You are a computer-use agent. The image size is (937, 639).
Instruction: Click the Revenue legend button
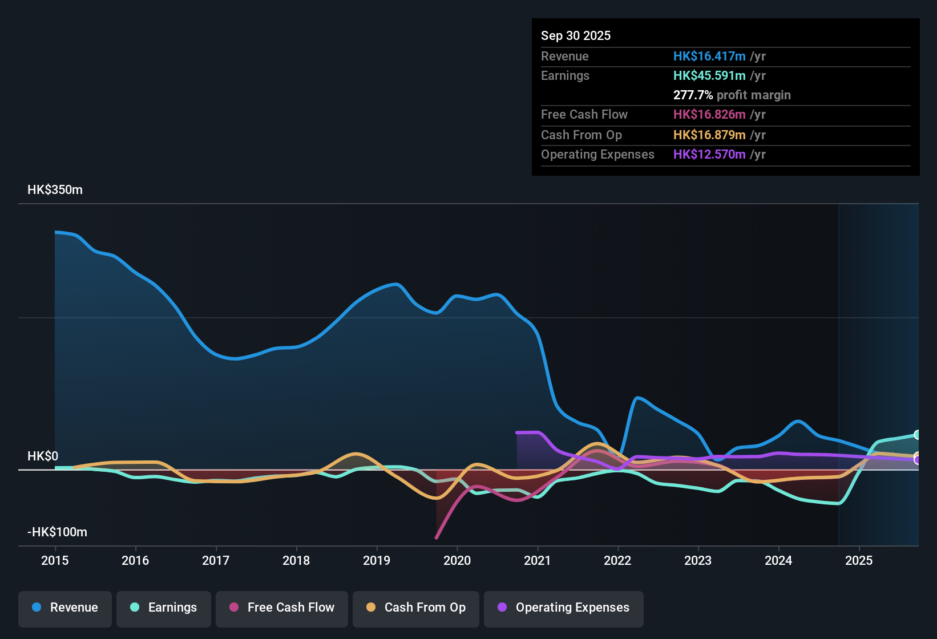[65, 608]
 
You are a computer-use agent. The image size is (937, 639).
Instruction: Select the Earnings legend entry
[164, 608]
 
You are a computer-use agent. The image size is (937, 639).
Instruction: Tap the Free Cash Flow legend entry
[282, 608]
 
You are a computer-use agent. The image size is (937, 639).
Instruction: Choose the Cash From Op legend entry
[416, 608]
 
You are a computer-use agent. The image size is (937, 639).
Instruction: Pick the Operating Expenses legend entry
[564, 608]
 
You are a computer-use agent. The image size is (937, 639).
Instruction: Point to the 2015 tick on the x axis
[55, 560]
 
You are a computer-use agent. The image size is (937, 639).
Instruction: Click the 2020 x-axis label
[457, 560]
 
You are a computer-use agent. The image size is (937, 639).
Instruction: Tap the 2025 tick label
[859, 560]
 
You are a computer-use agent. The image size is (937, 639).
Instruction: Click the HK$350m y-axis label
[55, 190]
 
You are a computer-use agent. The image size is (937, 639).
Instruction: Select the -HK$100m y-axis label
[57, 532]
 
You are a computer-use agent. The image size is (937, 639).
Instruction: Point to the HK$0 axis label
[43, 456]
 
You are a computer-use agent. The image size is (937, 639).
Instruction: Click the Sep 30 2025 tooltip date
[576, 35]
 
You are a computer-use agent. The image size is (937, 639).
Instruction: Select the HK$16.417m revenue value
[709, 56]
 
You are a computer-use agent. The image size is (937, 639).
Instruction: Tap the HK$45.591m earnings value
[709, 75]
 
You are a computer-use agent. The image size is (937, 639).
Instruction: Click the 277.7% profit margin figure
[693, 95]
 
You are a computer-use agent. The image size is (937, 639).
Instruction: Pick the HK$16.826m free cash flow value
[709, 114]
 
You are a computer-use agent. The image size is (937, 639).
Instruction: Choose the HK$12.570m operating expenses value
[709, 154]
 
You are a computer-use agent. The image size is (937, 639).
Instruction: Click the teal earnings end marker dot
[917, 435]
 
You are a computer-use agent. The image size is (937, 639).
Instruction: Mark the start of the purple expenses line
[517, 432]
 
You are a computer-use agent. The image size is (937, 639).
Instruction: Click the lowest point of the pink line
[437, 537]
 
